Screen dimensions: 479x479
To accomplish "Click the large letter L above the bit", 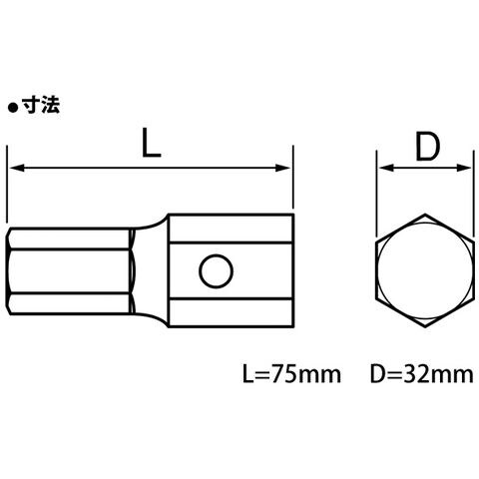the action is pyautogui.click(x=152, y=143).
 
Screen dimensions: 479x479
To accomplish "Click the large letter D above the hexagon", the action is pyautogui.click(x=427, y=146).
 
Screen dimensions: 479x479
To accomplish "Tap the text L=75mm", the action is pyautogui.click(x=291, y=374).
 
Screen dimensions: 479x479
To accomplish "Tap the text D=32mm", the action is pyautogui.click(x=422, y=374).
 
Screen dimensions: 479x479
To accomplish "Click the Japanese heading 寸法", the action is pyautogui.click(x=41, y=106).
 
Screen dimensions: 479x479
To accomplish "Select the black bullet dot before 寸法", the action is pyautogui.click(x=13, y=109).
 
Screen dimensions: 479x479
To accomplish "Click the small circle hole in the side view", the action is pyautogui.click(x=216, y=270).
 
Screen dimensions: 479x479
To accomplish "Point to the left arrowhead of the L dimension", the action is pyautogui.click(x=17, y=168).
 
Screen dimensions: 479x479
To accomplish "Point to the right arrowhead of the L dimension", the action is pyautogui.click(x=281, y=168).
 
